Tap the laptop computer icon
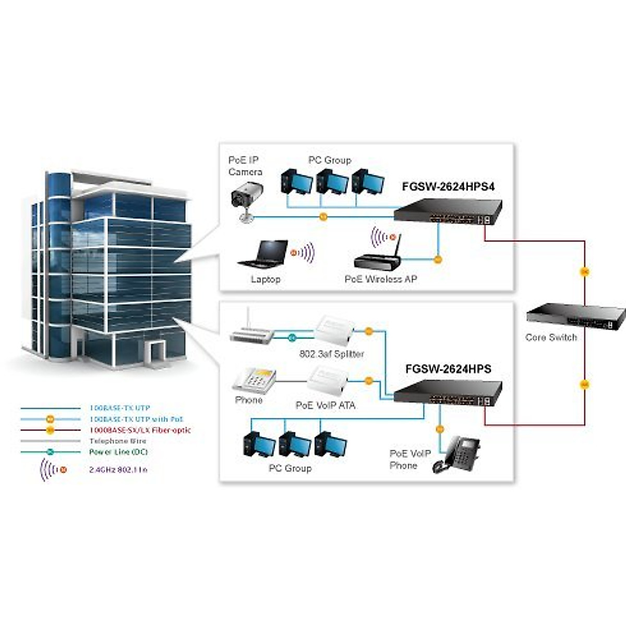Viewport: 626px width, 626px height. click(264, 254)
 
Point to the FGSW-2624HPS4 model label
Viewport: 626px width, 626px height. click(448, 187)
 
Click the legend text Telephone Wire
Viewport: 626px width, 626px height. click(117, 441)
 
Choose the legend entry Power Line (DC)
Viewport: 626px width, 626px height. click(118, 452)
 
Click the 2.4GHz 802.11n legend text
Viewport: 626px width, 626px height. click(118, 469)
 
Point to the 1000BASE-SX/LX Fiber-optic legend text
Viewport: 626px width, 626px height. click(140, 430)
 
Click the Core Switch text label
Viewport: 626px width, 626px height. click(551, 338)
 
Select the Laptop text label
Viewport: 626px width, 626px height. click(266, 279)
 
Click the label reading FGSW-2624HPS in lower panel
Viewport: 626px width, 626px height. click(448, 369)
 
